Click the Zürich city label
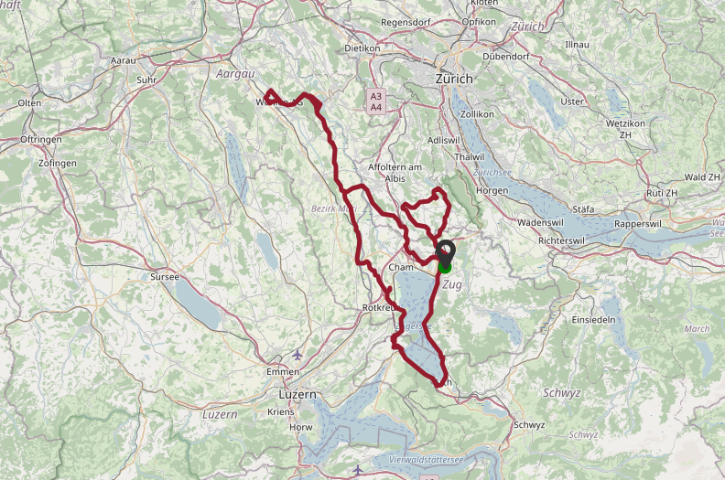click(x=454, y=80)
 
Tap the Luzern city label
click(x=297, y=394)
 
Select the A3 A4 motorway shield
click(x=375, y=101)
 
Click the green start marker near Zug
click(x=445, y=266)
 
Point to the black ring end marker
click(x=446, y=250)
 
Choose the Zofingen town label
click(x=59, y=163)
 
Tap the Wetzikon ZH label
click(x=626, y=128)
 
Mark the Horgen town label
click(x=492, y=190)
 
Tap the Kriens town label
click(x=281, y=413)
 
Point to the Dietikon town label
click(x=362, y=48)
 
